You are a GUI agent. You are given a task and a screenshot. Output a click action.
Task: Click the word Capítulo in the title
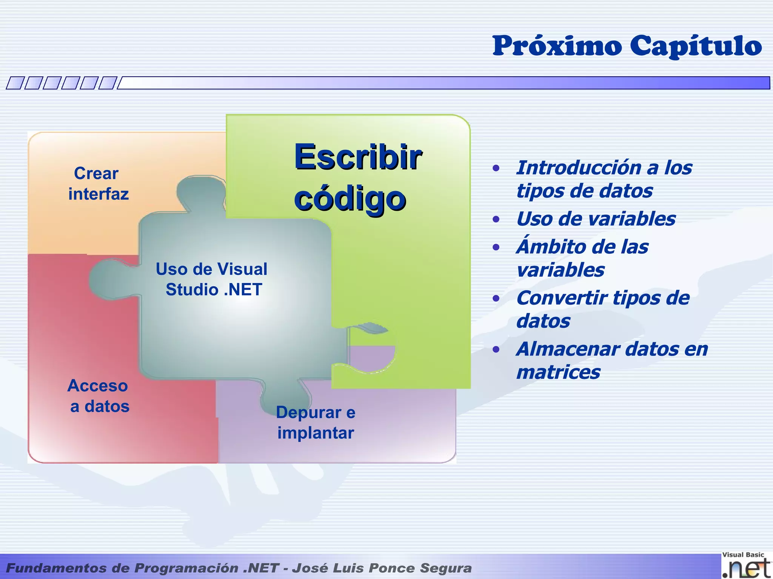click(696, 46)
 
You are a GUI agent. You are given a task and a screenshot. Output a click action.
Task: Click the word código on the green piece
click(350, 199)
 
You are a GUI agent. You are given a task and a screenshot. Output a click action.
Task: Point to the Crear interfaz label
click(98, 184)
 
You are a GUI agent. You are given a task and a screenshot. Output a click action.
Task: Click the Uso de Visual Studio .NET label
click(212, 279)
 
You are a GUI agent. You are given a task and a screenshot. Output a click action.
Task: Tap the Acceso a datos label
click(99, 396)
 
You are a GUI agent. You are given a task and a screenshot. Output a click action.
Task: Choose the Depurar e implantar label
click(316, 423)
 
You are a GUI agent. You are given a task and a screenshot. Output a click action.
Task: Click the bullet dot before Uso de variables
click(496, 219)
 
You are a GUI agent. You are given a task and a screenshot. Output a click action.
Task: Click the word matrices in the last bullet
click(558, 372)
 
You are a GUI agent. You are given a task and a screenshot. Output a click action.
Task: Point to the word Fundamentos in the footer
click(56, 568)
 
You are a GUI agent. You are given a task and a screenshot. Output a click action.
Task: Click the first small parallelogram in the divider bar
click(15, 83)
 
